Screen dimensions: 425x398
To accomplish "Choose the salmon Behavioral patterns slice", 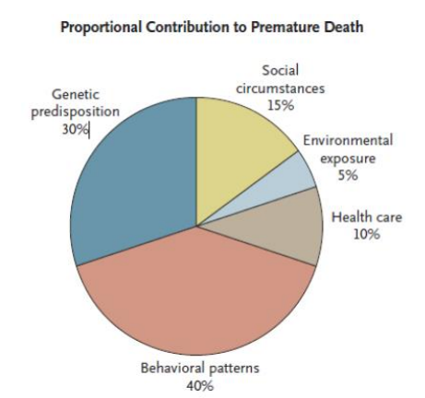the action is click(196, 295).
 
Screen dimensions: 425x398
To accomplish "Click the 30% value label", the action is click(75, 130).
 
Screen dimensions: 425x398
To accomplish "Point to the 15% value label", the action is click(280, 105).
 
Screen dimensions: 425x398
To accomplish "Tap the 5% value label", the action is click(348, 175).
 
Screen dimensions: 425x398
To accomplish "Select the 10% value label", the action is click(366, 234).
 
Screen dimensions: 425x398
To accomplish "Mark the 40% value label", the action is click(200, 386).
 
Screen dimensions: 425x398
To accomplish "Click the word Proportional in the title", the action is click(101, 28).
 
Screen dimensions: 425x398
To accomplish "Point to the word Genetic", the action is click(76, 94).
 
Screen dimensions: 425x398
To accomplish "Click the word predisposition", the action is click(76, 111).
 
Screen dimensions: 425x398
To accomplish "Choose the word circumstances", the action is click(280, 88).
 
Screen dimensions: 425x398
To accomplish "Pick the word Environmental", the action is click(348, 140).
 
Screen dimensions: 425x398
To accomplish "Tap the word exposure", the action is click(348, 159).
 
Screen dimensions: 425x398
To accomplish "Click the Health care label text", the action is click(367, 217).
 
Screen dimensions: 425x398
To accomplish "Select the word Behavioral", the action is click(172, 368).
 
